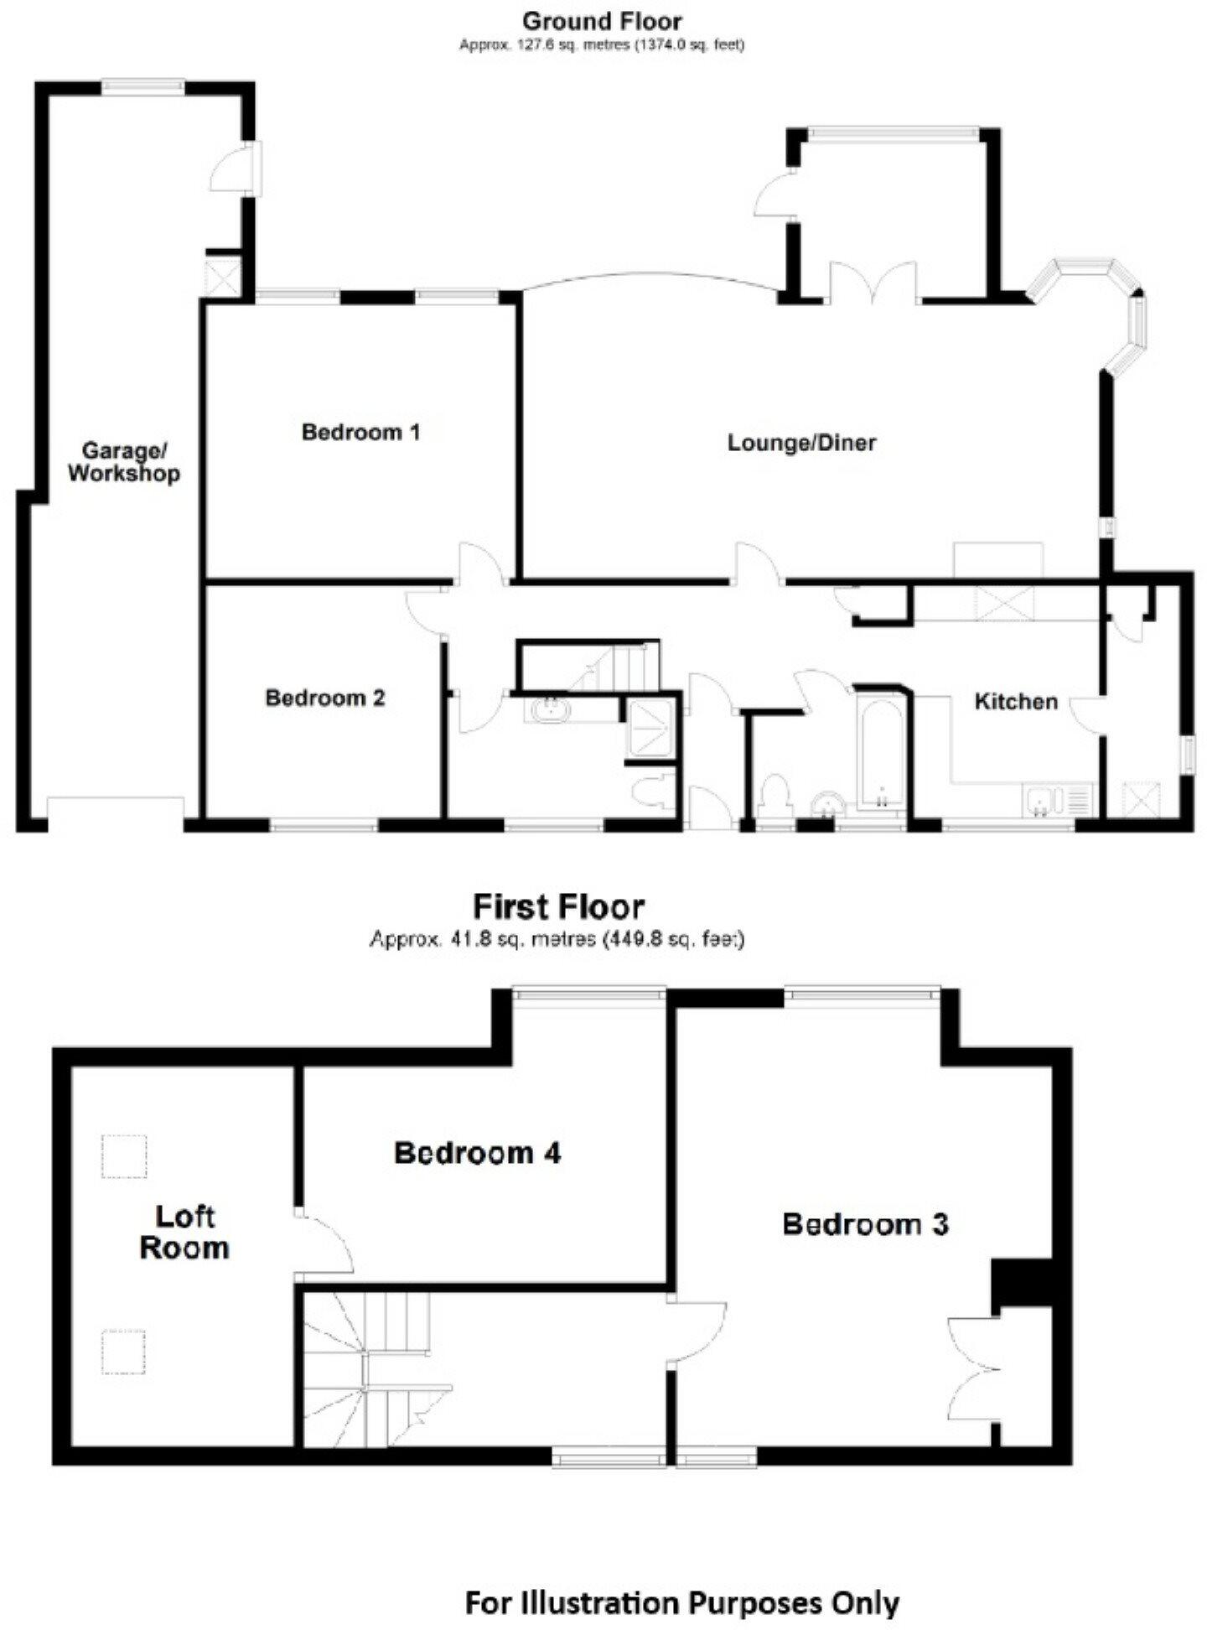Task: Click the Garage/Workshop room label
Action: (124, 462)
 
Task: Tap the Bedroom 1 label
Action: (360, 433)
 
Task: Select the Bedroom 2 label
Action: (325, 698)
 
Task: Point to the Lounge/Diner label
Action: (801, 443)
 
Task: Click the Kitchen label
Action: (1016, 701)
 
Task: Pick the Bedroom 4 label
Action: (477, 1153)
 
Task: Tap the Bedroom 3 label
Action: (865, 1224)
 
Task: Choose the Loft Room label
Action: (184, 1232)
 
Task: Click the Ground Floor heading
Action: (602, 20)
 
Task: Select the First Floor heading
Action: (559, 906)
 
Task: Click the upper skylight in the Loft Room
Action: (124, 1156)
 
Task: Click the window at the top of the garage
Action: (142, 84)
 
